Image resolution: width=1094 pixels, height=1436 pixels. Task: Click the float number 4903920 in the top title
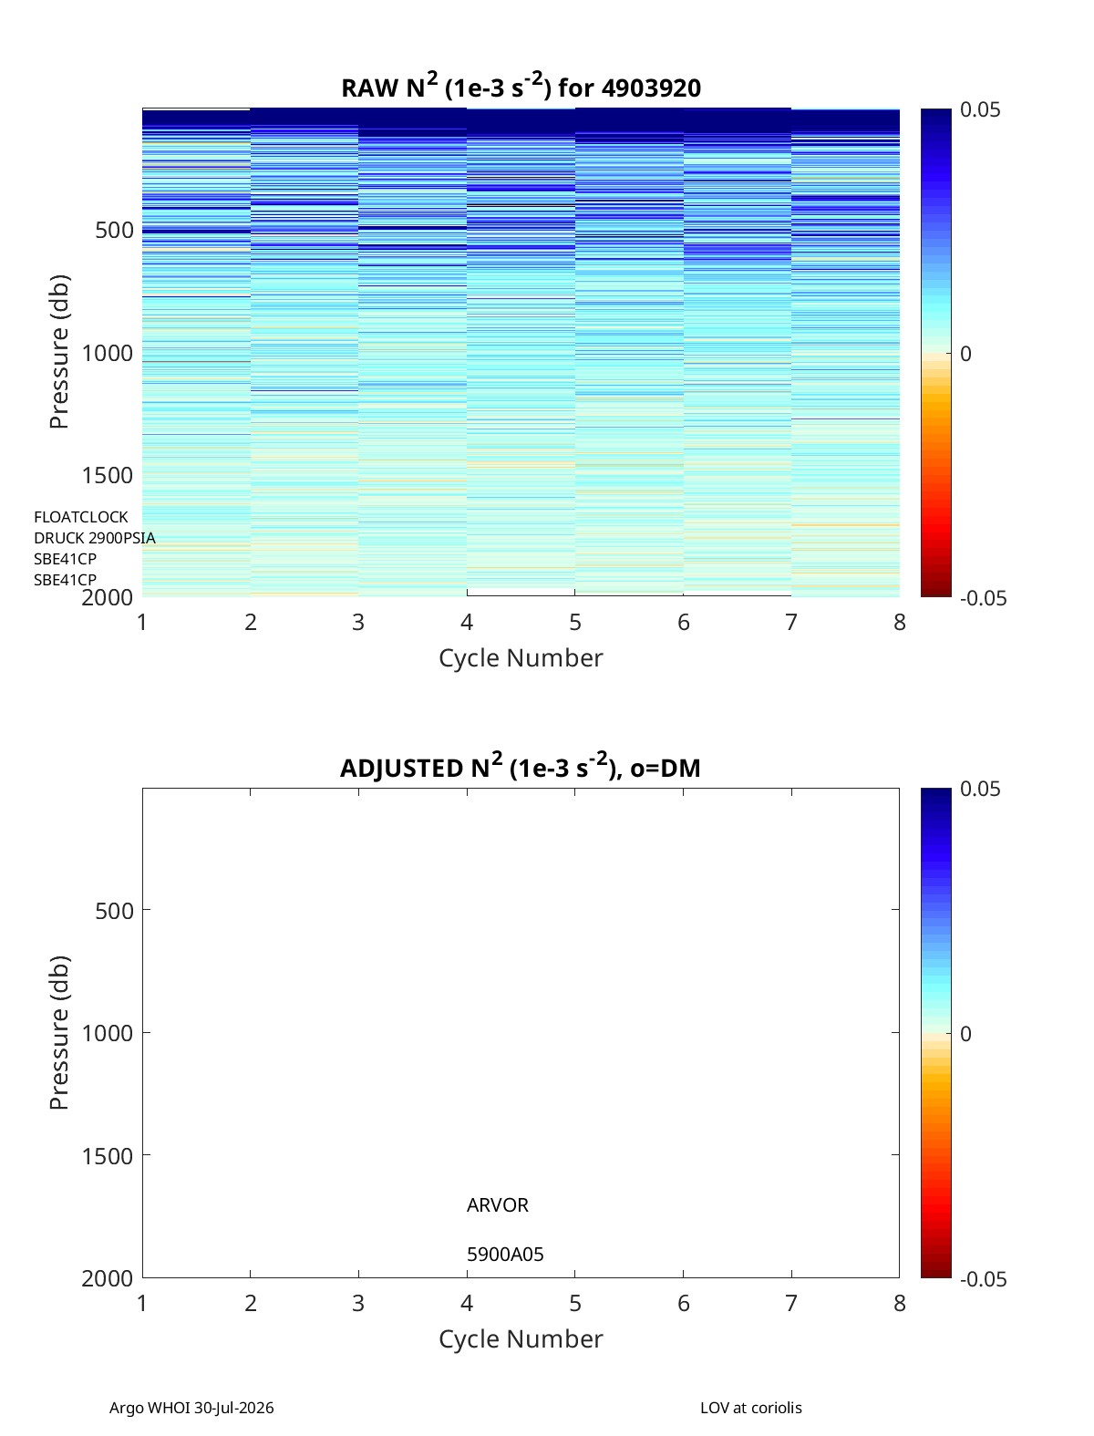point(651,88)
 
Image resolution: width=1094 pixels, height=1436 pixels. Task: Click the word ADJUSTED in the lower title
point(401,768)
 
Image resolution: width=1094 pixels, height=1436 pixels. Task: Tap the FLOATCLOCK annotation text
point(81,517)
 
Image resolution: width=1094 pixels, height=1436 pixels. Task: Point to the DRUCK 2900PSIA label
point(95,538)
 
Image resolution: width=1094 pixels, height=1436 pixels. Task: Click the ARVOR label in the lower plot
point(497,1204)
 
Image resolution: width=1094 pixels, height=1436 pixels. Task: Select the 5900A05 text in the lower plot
point(505,1255)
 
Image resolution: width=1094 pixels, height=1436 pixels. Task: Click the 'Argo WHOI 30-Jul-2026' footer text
point(191,1407)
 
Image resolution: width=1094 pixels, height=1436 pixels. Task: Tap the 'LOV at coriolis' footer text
point(750,1407)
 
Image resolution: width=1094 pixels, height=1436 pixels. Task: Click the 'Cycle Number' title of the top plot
point(521,658)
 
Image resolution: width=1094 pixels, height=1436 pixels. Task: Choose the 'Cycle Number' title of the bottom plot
point(521,1339)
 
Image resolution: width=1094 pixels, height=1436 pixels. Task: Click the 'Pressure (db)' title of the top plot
point(59,352)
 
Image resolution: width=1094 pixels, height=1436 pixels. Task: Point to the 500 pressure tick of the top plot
point(115,231)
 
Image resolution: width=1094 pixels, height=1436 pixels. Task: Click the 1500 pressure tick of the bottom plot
point(108,1156)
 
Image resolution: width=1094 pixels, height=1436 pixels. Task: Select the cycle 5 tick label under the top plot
point(574,622)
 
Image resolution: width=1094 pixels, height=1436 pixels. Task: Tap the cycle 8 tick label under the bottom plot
point(899,1303)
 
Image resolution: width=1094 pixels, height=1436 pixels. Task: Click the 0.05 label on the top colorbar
point(980,110)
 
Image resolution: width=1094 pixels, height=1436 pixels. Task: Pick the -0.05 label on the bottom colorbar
point(984,1279)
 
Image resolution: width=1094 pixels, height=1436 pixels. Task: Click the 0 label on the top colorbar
point(965,354)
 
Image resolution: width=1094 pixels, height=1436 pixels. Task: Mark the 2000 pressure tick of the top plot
point(108,597)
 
